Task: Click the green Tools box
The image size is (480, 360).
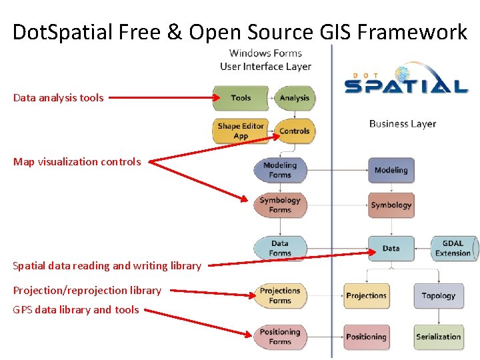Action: (241, 98)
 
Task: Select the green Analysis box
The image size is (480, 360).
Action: (294, 98)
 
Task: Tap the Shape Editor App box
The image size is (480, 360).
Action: (241, 131)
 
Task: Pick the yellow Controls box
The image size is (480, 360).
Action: (294, 131)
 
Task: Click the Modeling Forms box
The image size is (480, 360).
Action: (280, 171)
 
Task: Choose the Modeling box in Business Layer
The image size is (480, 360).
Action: (391, 171)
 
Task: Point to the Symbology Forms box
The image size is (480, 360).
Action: (280, 205)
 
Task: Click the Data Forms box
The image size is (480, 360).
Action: (280, 249)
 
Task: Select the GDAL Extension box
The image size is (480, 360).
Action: (453, 249)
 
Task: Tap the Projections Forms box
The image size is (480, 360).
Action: (280, 296)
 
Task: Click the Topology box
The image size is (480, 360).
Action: (438, 296)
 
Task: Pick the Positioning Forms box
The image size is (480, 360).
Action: (280, 337)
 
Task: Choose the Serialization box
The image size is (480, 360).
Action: (438, 337)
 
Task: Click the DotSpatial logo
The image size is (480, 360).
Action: (406, 80)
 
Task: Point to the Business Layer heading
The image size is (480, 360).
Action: (403, 123)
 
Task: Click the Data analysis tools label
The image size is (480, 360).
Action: (59, 98)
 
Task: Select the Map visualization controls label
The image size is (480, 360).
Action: (77, 162)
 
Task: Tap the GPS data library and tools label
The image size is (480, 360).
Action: (76, 310)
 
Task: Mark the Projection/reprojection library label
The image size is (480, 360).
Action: (87, 291)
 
